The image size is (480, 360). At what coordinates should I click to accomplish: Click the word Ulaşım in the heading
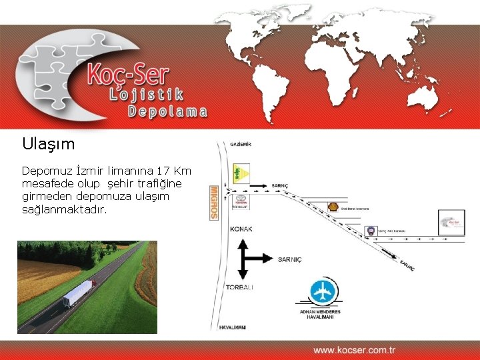click(x=48, y=143)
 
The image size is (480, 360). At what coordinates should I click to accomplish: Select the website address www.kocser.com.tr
click(x=354, y=349)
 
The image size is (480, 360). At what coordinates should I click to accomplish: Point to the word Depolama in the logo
click(x=167, y=111)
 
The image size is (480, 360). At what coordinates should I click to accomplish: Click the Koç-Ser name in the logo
click(x=127, y=74)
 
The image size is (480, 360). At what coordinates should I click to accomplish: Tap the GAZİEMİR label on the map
click(x=241, y=144)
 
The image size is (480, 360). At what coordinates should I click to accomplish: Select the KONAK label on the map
click(x=241, y=229)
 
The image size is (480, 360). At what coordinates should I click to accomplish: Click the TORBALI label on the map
click(x=240, y=287)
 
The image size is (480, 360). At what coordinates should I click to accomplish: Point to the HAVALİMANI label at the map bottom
click(x=233, y=327)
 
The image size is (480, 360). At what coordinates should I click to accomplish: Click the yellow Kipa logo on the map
click(x=241, y=173)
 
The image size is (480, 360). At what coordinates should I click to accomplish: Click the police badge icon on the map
click(x=370, y=231)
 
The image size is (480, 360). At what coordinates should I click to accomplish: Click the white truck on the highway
click(x=79, y=293)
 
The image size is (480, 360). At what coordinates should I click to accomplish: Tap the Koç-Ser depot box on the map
click(x=451, y=223)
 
